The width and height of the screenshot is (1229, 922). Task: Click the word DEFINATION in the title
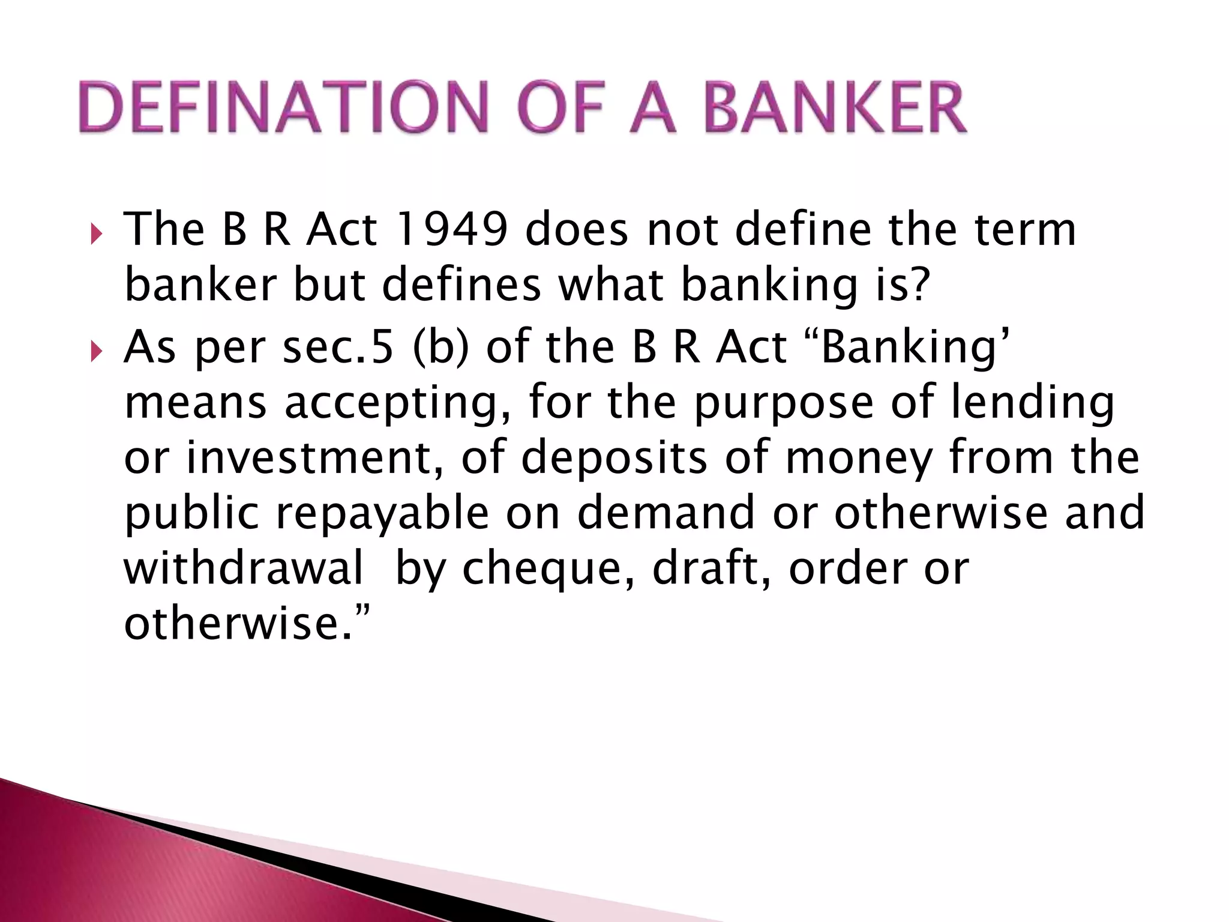283,108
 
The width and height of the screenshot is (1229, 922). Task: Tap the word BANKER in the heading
835,108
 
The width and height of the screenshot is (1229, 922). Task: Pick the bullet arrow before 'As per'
96,351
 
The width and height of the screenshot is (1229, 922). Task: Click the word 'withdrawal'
244,568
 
